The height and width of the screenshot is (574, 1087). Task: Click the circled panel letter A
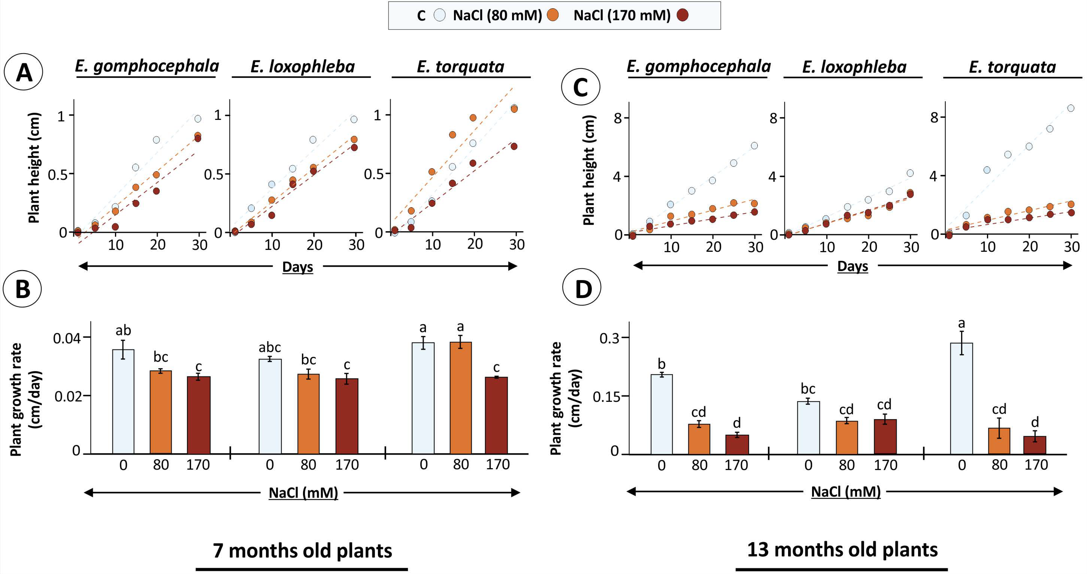coord(24,72)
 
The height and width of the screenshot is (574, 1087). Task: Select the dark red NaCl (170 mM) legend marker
coord(682,15)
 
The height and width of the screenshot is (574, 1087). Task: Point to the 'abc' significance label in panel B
coord(270,347)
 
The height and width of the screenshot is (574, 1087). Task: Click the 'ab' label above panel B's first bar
coord(123,330)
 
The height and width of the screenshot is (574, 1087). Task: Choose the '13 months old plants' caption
coord(842,549)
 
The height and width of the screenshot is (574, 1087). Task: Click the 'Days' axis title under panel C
coord(852,266)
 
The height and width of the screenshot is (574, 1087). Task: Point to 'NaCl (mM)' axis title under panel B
coord(303,493)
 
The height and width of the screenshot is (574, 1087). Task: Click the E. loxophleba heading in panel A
coord(302,67)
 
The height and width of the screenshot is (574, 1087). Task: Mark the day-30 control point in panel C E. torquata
coord(1071,108)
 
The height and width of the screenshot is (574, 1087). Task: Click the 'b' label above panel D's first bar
coord(662,364)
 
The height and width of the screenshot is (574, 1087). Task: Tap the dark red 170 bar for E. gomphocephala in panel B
coord(199,415)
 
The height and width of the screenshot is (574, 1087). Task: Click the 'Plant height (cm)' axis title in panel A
coord(34,167)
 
